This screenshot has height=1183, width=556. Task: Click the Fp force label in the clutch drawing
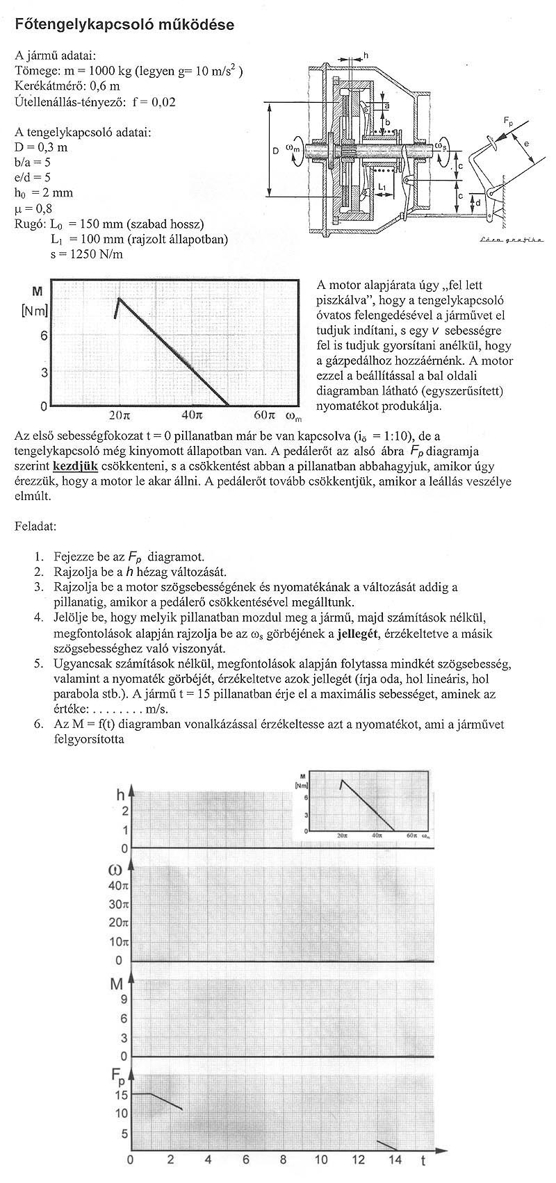click(x=509, y=122)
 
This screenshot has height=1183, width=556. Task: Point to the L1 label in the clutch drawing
click(x=382, y=187)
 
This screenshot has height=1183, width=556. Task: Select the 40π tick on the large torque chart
click(x=192, y=416)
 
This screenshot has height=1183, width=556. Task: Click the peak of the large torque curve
click(x=119, y=299)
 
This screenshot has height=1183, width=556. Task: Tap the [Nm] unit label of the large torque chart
click(x=34, y=311)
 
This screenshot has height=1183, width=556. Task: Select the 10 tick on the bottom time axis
click(x=320, y=1159)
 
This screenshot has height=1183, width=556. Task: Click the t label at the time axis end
click(x=423, y=1159)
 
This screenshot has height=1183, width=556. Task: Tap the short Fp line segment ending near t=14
click(x=386, y=1144)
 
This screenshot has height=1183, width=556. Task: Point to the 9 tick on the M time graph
click(x=124, y=1000)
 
